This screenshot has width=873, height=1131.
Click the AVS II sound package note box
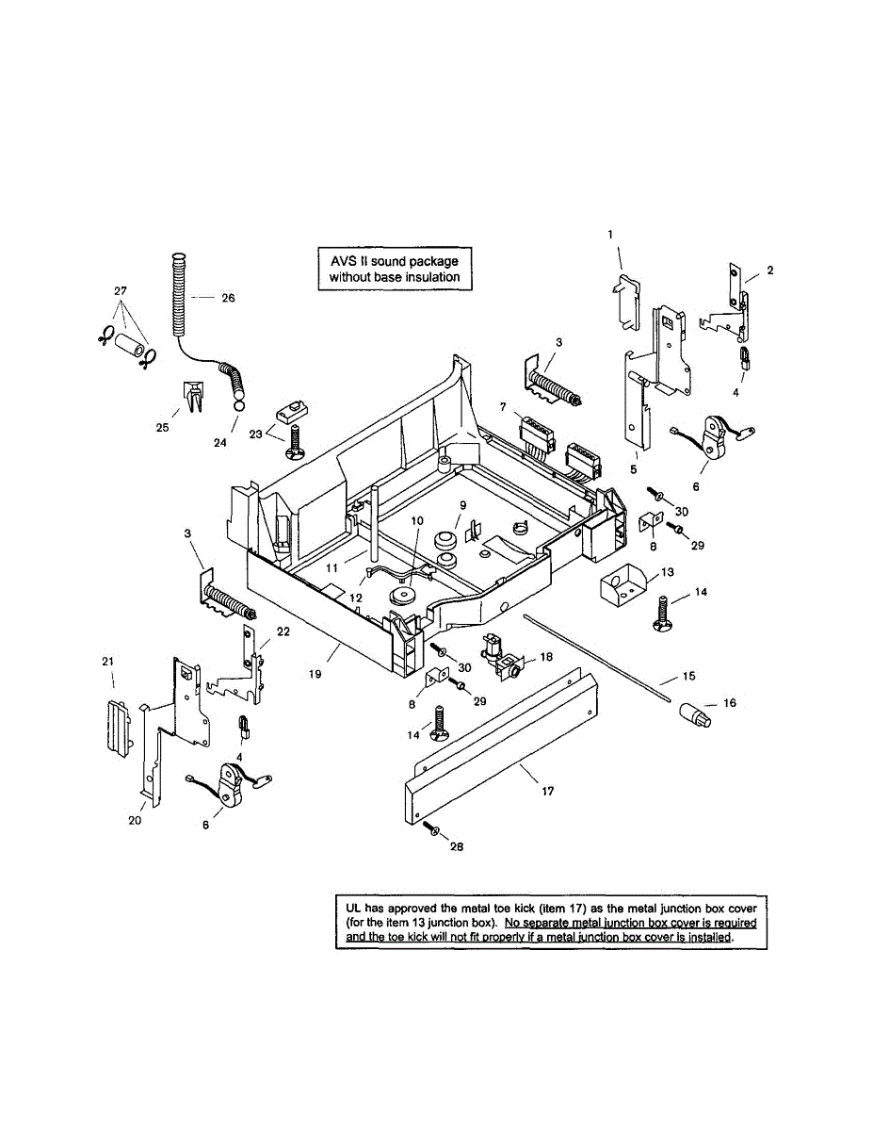394,268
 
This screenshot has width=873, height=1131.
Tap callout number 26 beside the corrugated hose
228,298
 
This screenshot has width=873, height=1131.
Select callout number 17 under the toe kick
547,792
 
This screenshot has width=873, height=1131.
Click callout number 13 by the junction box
667,572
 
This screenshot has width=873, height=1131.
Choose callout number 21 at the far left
107,662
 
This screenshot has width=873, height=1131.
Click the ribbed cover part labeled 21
117,726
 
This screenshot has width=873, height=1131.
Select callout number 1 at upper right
609,233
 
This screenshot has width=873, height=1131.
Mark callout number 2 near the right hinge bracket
769,270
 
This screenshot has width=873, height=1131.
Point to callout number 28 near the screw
457,846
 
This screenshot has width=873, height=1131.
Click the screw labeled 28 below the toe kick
431,829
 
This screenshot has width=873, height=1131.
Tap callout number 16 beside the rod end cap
729,703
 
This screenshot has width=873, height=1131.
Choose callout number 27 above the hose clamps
120,290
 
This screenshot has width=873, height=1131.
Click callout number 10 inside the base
417,520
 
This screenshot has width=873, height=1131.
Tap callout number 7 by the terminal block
503,405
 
